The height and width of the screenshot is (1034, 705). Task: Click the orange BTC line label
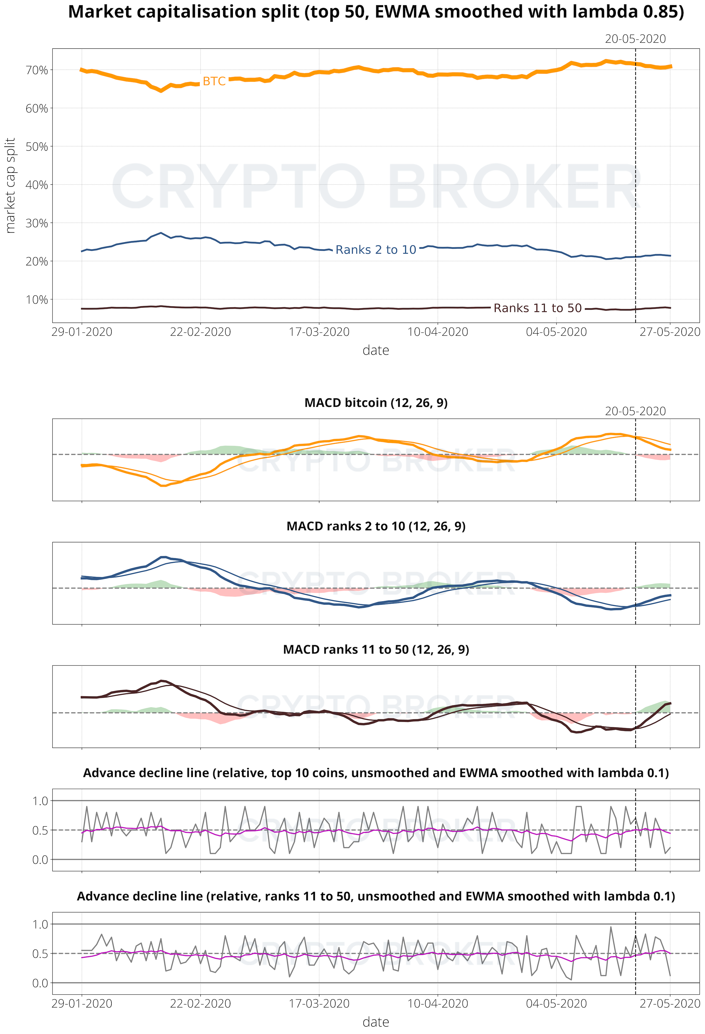click(x=214, y=82)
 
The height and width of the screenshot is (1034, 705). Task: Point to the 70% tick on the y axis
click(x=36, y=70)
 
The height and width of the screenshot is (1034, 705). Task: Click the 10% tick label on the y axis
click(x=36, y=300)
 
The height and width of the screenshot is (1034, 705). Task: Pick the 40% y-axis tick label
click(x=36, y=185)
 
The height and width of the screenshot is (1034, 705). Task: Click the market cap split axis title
click(x=10, y=185)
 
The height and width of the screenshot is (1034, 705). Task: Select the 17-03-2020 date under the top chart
click(x=319, y=332)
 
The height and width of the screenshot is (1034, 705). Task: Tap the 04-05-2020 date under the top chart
click(x=556, y=332)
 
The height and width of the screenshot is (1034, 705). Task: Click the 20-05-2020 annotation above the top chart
click(x=635, y=39)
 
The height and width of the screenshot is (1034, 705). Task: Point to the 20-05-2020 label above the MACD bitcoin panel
click(x=635, y=411)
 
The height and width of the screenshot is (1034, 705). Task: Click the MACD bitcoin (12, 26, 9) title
click(x=376, y=403)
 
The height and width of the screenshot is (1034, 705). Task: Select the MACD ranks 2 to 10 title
click(x=376, y=526)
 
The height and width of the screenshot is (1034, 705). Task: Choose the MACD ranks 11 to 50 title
click(x=376, y=650)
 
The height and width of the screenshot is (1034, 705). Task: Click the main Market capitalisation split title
click(x=376, y=12)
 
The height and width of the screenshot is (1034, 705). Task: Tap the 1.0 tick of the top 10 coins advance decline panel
click(x=40, y=801)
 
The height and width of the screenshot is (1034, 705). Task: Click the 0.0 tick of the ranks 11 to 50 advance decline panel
click(x=40, y=983)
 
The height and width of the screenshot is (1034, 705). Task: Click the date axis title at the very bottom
click(x=376, y=1022)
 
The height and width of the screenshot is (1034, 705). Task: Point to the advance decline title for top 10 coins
click(x=376, y=773)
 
